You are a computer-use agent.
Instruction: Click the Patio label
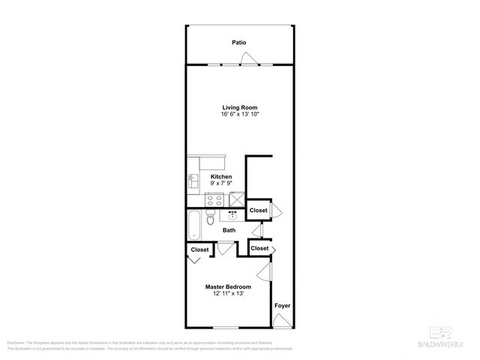239,43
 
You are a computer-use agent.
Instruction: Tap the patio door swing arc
256,60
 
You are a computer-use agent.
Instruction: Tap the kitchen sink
193,181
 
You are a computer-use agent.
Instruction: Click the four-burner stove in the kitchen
215,199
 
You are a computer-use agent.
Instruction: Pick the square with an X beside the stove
238,199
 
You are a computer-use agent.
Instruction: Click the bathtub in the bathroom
194,222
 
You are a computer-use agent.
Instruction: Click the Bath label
229,231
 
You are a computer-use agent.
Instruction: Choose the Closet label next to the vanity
259,211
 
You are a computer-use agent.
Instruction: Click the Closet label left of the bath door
199,249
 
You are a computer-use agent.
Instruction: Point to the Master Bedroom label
229,286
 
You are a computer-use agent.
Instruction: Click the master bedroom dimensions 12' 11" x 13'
229,294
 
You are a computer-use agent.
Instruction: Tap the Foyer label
282,306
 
